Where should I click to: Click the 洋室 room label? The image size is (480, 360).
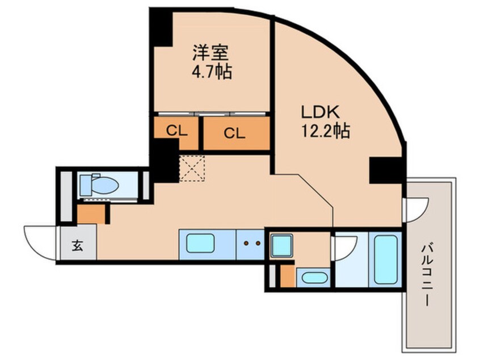(210, 53)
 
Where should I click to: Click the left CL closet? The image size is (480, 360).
(176, 132)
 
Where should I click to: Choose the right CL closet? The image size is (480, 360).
(234, 133)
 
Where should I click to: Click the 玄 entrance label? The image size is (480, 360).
(75, 245)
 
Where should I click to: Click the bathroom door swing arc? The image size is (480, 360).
(346, 248)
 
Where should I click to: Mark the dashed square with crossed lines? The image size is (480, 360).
(192, 168)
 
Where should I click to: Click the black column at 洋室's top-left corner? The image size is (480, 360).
(161, 27)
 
